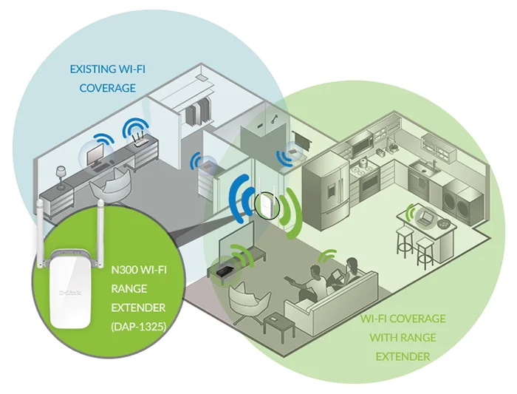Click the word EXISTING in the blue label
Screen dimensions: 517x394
point(89,69)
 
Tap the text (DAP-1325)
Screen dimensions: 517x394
point(139,326)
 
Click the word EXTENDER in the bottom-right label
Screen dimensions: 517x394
point(403,356)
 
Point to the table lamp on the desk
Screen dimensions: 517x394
point(61,177)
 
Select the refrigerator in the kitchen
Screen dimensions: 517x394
point(326,191)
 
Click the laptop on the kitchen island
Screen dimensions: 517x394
point(425,217)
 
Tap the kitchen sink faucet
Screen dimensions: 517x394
point(434,163)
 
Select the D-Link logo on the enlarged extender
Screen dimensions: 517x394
point(71,293)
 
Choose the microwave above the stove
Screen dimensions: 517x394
point(362,146)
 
